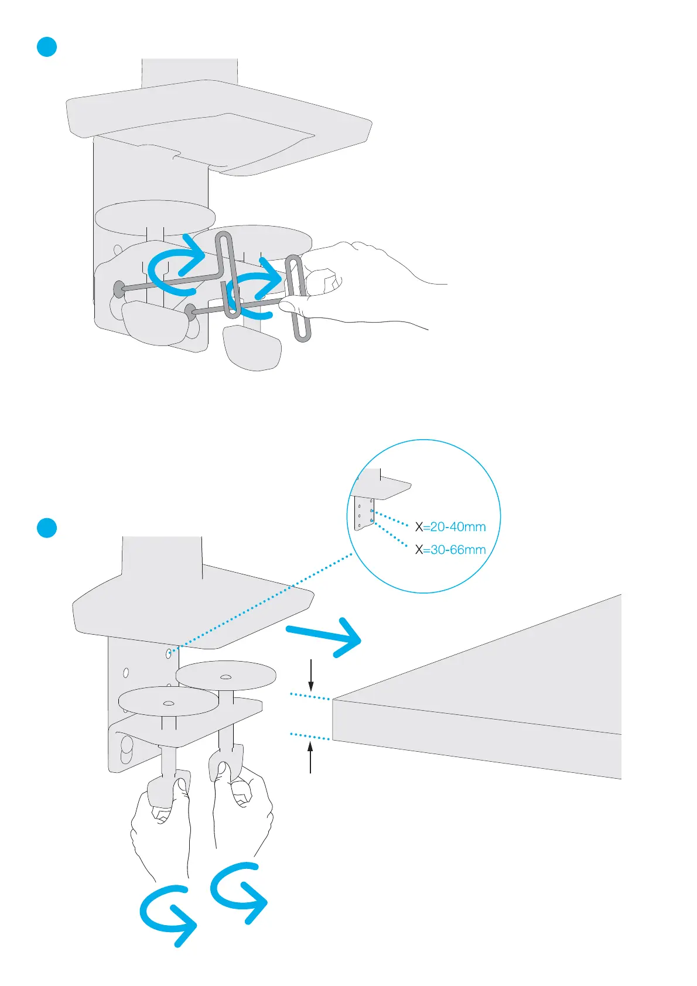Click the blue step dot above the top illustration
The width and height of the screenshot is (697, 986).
(x=47, y=47)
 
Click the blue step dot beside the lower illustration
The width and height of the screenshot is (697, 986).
(x=47, y=527)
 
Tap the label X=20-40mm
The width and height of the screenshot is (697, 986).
(x=450, y=527)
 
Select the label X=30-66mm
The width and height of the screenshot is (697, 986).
(x=450, y=550)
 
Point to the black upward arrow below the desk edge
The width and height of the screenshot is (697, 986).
(x=310, y=758)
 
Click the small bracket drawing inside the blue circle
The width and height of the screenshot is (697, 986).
(x=372, y=498)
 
